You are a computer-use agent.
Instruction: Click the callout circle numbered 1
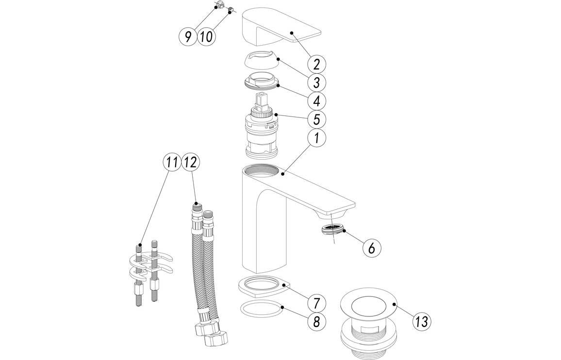coord(316,138)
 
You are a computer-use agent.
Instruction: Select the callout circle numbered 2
coord(316,64)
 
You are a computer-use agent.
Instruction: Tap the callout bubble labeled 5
coord(316,119)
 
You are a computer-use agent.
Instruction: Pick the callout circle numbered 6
coord(371,248)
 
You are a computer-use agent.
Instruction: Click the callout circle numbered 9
coord(188,37)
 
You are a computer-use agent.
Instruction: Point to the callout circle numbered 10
coord(206,37)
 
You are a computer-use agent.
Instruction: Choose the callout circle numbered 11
coord(171,163)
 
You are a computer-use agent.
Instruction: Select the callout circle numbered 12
coord(190,163)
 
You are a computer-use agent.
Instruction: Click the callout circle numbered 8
coord(316,321)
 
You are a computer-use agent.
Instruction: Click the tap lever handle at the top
coord(281,29)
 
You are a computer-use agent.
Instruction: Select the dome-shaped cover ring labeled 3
coord(261,62)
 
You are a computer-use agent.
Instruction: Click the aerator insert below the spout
coord(333,229)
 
